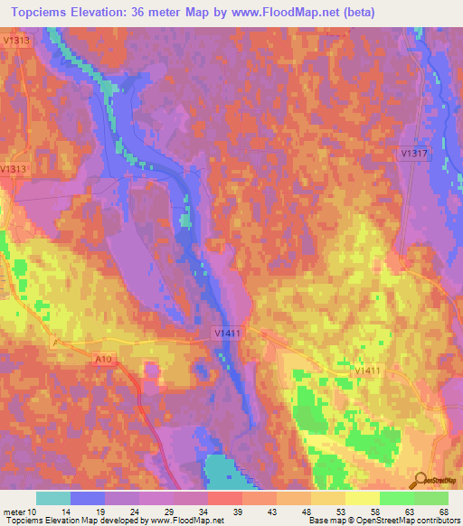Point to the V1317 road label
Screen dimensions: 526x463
coord(414,155)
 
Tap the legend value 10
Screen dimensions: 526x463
coord(36,511)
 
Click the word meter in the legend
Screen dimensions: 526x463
coord(15,511)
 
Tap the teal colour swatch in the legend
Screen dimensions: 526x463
coord(53,498)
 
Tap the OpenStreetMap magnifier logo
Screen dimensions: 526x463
coord(420,480)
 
